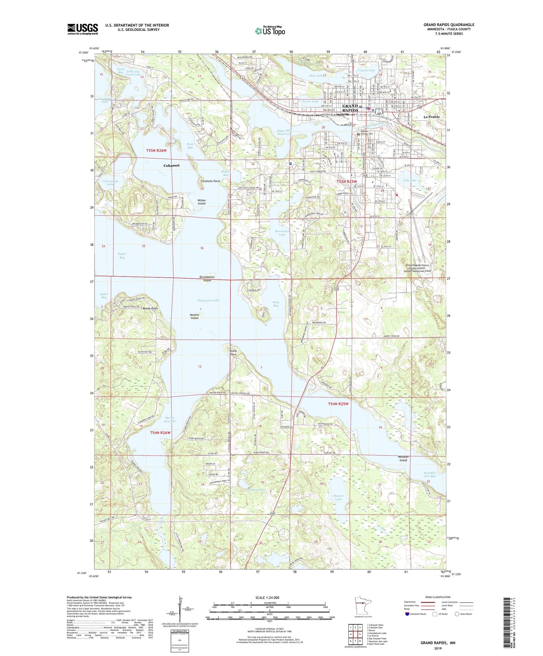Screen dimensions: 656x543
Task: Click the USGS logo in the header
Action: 83,29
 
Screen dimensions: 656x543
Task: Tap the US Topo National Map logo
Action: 270,30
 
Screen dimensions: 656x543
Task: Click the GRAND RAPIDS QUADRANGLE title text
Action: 449,25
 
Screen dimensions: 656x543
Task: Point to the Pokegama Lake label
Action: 208,300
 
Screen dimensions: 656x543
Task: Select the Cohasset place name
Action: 171,165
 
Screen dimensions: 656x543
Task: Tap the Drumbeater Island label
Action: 207,278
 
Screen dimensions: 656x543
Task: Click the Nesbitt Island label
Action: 194,316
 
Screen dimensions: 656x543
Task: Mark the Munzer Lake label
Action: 338,497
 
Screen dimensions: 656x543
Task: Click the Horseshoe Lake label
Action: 282,233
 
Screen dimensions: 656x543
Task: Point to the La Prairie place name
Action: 431,117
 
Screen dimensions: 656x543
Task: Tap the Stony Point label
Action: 233,352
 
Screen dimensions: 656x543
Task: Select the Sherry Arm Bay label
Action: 170,419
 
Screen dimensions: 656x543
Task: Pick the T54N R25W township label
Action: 338,404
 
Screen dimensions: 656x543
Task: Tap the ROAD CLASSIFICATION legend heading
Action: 438,597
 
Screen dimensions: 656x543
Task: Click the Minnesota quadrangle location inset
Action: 363,604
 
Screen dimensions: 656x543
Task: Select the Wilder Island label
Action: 201,202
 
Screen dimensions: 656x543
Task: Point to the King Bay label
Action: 276,304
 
